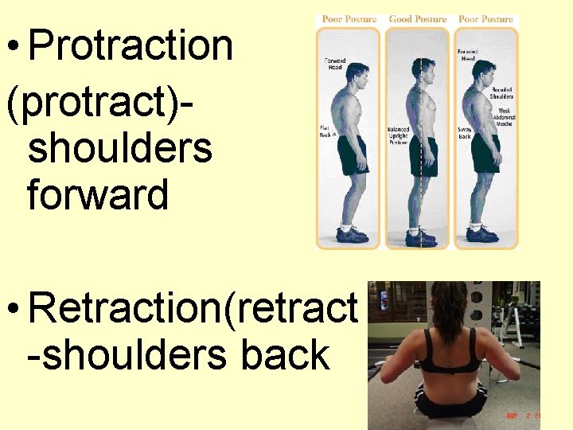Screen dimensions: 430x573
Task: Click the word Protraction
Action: [131, 46]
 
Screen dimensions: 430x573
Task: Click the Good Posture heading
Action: [417, 19]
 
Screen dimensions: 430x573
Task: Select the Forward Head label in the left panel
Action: [333, 64]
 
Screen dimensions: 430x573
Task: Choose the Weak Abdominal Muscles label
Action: [503, 118]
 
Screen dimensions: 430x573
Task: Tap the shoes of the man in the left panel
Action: [352, 235]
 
